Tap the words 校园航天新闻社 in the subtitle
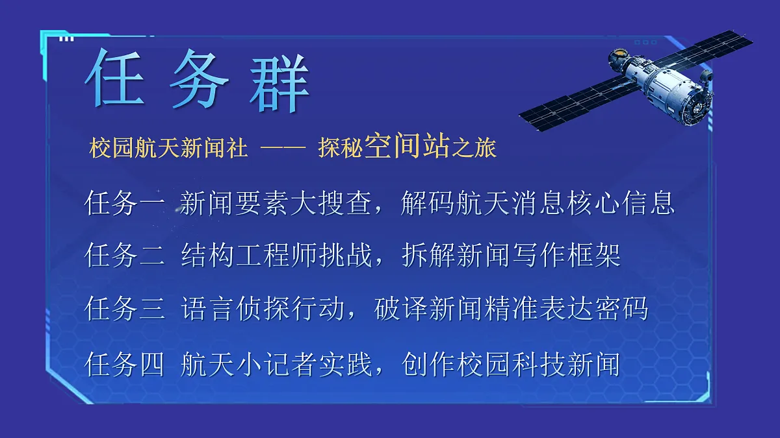(169, 149)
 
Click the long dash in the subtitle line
(283, 149)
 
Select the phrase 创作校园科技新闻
(512, 365)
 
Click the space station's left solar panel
(572, 104)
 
